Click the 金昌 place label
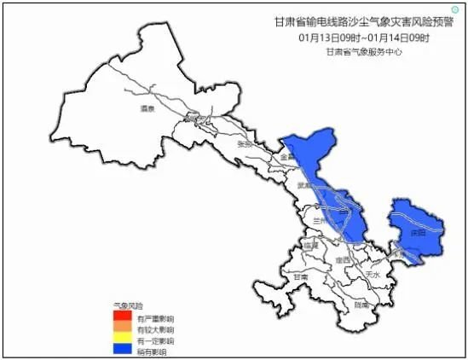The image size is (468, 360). click(x=286, y=157)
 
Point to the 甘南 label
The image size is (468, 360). click(x=300, y=277)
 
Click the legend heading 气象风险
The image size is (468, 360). click(x=129, y=305)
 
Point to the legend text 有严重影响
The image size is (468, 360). click(x=155, y=318)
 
